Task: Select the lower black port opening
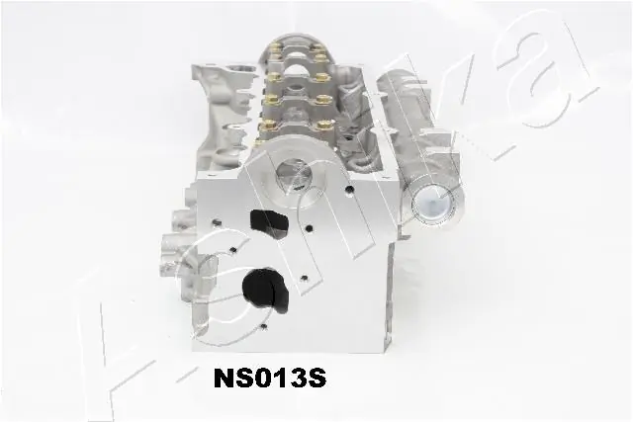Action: click(267, 288)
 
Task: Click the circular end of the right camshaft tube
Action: click(432, 205)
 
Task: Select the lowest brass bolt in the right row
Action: click(318, 125)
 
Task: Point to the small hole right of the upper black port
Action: click(310, 229)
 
